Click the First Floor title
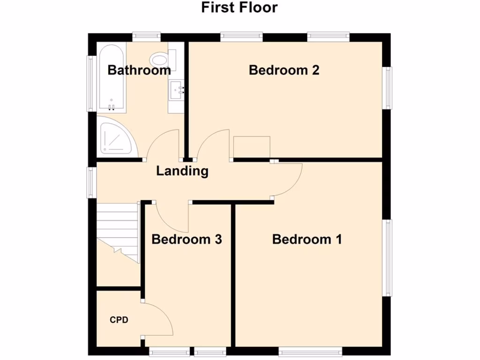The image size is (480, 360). pyautogui.click(x=240, y=8)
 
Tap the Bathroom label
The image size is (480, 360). pyautogui.click(x=139, y=70)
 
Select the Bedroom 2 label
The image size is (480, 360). pyautogui.click(x=284, y=70)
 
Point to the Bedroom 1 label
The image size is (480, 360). pyautogui.click(x=307, y=240)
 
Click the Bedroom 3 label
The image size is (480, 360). pyautogui.click(x=187, y=240)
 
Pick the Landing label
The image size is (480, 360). pyautogui.click(x=182, y=171)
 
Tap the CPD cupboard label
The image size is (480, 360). pyautogui.click(x=119, y=320)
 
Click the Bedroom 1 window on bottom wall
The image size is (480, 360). pyautogui.click(x=310, y=351)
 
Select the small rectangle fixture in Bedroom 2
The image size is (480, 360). pyautogui.click(x=252, y=147)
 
